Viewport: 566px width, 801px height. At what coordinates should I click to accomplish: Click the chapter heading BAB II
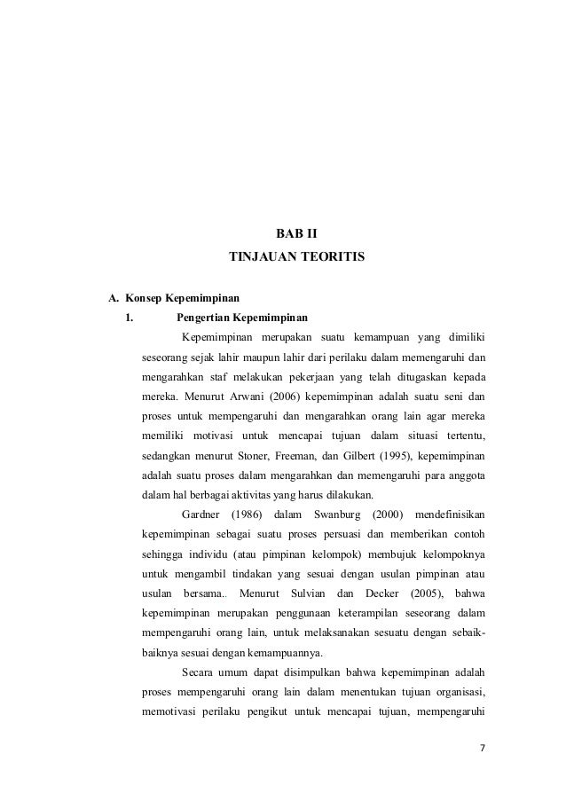click(297, 235)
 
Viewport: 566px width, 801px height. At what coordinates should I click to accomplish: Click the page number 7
click(483, 748)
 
